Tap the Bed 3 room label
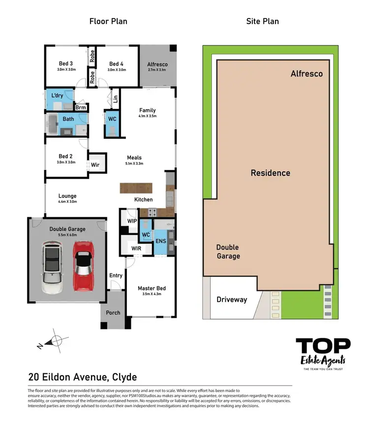[x=65, y=64]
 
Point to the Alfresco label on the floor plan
[x=157, y=64]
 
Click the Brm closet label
[x=81, y=107]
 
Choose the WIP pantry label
[x=132, y=221]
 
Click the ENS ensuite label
[x=160, y=241]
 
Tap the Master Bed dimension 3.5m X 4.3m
[x=151, y=294]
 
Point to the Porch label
[x=113, y=312]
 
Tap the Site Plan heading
[x=262, y=21]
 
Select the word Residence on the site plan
[x=270, y=173]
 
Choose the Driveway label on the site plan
[x=232, y=299]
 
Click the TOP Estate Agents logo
[x=323, y=353]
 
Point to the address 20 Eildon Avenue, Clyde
[x=82, y=377]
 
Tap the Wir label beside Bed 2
[x=95, y=165]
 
